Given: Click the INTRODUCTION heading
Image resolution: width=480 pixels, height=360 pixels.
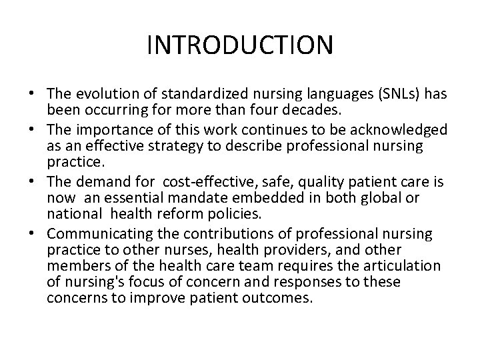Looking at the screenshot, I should click(x=239, y=45).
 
